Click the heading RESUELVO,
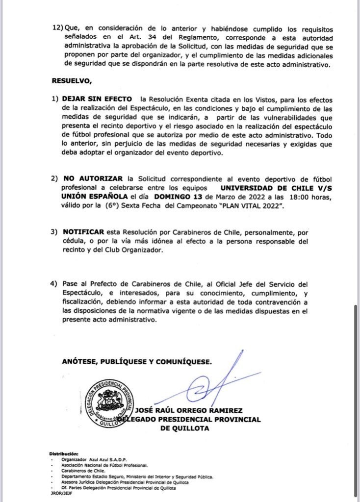[71, 80]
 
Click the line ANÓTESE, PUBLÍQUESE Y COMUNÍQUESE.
[137, 361]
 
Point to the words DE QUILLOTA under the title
[184, 428]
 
